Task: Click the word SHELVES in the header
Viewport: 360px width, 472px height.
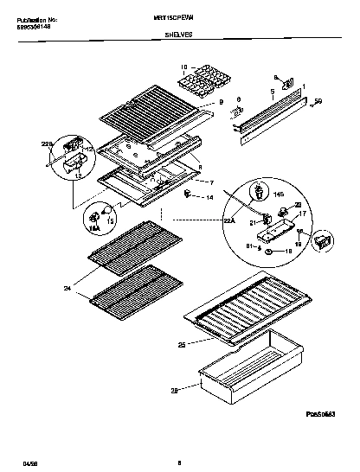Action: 178,36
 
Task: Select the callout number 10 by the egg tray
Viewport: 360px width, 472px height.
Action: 183,67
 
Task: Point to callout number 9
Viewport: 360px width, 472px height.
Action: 221,103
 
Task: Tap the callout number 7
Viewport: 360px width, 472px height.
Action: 210,182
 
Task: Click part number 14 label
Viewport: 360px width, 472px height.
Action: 209,199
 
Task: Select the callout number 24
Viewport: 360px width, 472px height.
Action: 67,288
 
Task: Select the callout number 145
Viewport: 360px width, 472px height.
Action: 279,195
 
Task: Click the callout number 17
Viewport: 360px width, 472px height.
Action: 302,213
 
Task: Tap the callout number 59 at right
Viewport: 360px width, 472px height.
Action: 318,102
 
